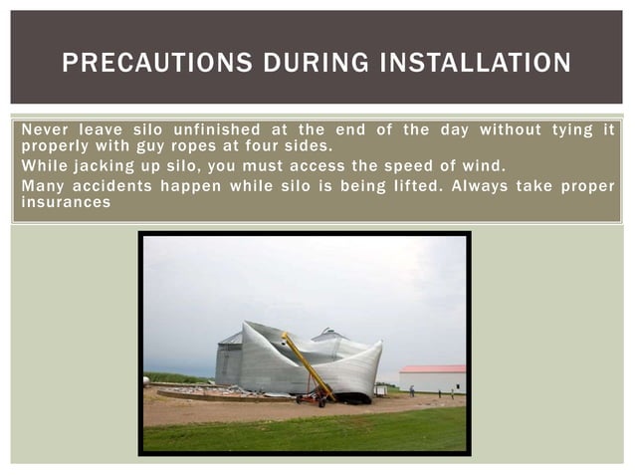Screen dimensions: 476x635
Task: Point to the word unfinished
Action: (216, 129)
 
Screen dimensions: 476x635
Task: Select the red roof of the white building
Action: (432, 369)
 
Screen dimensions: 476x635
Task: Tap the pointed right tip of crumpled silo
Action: (380, 344)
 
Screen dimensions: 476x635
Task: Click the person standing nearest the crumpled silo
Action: (411, 390)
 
